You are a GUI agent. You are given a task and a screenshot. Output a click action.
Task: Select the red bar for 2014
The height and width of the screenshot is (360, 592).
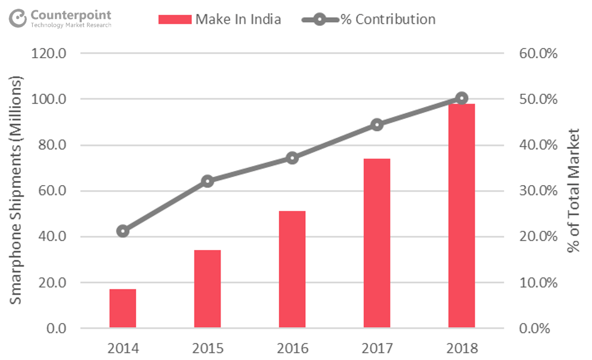click(x=123, y=308)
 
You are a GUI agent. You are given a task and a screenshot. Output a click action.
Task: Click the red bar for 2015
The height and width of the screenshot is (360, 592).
click(x=207, y=289)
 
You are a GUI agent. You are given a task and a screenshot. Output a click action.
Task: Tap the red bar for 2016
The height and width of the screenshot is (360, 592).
click(x=292, y=269)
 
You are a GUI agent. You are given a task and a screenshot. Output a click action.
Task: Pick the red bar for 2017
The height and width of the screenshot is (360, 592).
click(x=377, y=243)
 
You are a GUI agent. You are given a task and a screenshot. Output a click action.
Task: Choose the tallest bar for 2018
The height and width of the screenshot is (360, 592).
click(x=461, y=216)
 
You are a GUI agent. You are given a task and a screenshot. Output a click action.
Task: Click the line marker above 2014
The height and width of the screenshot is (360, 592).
click(x=123, y=231)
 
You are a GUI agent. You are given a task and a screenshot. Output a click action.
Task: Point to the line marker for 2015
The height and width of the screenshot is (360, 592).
click(x=207, y=181)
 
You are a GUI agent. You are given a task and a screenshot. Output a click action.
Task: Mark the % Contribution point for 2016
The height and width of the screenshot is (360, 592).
click(x=292, y=158)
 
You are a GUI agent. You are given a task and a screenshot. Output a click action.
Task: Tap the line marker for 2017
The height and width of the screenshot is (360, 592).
click(x=377, y=125)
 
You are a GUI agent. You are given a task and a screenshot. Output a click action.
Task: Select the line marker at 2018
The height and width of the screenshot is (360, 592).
click(x=461, y=99)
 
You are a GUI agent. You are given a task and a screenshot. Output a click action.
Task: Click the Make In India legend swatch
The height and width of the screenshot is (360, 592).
click(x=174, y=20)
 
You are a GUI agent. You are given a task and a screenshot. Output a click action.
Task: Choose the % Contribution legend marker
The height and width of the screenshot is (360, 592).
click(x=320, y=20)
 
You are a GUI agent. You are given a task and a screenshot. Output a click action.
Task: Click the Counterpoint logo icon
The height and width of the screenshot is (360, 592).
click(x=17, y=19)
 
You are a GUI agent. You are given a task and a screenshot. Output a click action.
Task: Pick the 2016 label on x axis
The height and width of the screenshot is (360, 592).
click(x=292, y=348)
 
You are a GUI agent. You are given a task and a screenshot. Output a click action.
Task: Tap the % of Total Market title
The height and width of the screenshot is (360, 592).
click(x=573, y=191)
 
